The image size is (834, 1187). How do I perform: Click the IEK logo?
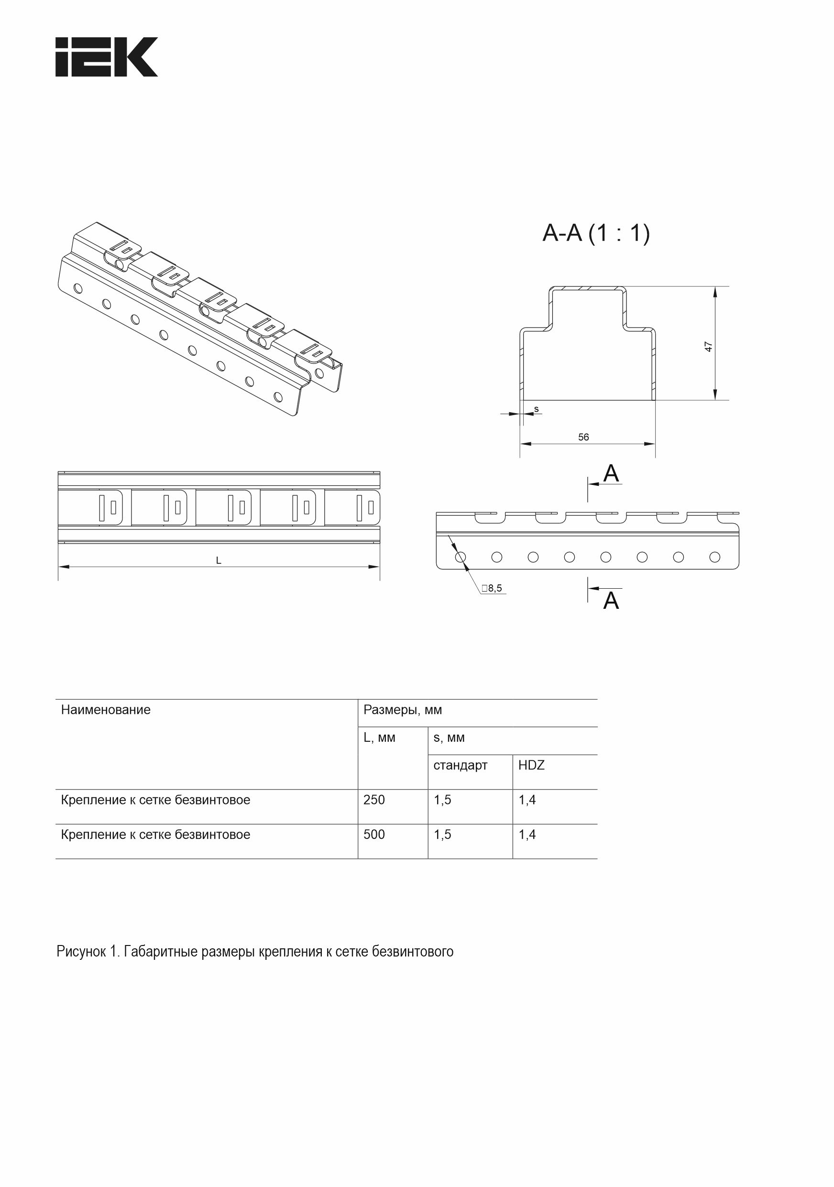pyautogui.click(x=106, y=57)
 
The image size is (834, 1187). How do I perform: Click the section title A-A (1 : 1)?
pyautogui.click(x=596, y=233)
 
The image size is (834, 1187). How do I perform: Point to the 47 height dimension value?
pyautogui.click(x=708, y=346)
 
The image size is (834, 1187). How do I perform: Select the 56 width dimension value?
pyautogui.click(x=583, y=437)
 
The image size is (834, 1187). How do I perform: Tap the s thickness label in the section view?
pyautogui.click(x=536, y=409)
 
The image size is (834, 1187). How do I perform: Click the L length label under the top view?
pyautogui.click(x=219, y=561)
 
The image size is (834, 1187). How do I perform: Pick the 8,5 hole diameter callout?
pyautogui.click(x=494, y=588)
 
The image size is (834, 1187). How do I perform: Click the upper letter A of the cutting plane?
pyautogui.click(x=611, y=473)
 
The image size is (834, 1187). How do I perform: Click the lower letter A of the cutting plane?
pyautogui.click(x=611, y=601)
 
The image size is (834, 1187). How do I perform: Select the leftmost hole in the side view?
pyautogui.click(x=460, y=557)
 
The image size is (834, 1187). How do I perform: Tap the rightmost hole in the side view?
pyautogui.click(x=714, y=557)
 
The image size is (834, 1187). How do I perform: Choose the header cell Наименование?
pyautogui.click(x=106, y=710)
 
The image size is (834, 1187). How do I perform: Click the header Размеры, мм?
pyautogui.click(x=403, y=710)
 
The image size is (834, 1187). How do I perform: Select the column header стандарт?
pyautogui.click(x=460, y=765)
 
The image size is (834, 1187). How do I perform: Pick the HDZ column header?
pyautogui.click(x=531, y=765)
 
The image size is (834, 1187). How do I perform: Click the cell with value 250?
pyautogui.click(x=374, y=800)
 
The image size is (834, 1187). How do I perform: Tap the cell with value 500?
pyautogui.click(x=374, y=835)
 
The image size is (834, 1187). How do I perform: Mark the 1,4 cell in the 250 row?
pyautogui.click(x=527, y=800)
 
